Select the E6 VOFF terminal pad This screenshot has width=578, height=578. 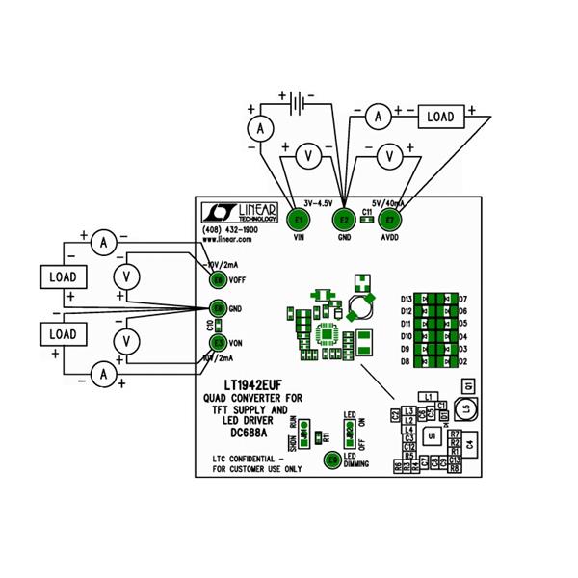click(x=219, y=279)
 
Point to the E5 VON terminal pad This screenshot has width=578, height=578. click(x=219, y=342)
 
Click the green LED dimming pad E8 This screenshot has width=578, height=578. click(x=333, y=461)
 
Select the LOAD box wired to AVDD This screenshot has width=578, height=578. click(x=439, y=117)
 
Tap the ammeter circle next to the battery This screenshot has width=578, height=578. click(x=258, y=128)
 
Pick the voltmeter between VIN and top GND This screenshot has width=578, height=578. click(x=306, y=154)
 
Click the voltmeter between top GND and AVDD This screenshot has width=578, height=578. click(x=388, y=154)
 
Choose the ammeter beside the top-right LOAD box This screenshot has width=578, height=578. click(x=379, y=117)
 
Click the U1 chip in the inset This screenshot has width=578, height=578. click(x=433, y=436)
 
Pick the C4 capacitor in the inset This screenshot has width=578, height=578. click(x=469, y=444)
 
